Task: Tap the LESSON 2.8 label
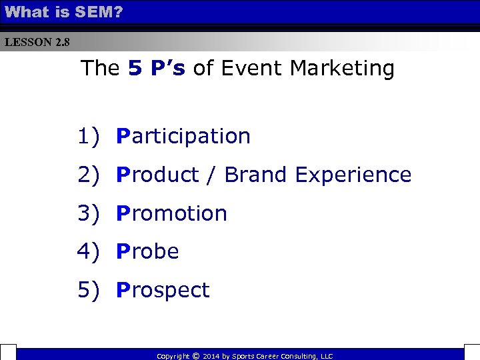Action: (37, 43)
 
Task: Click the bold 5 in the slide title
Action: (135, 68)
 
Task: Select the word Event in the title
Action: (253, 68)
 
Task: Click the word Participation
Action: (183, 136)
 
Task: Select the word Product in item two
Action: (157, 175)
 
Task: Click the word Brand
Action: (257, 175)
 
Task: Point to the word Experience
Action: (353, 175)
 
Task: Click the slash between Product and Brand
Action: (211, 175)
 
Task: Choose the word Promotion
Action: (171, 213)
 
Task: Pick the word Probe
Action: (147, 252)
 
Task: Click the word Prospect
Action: (163, 291)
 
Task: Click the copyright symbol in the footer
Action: (195, 356)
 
